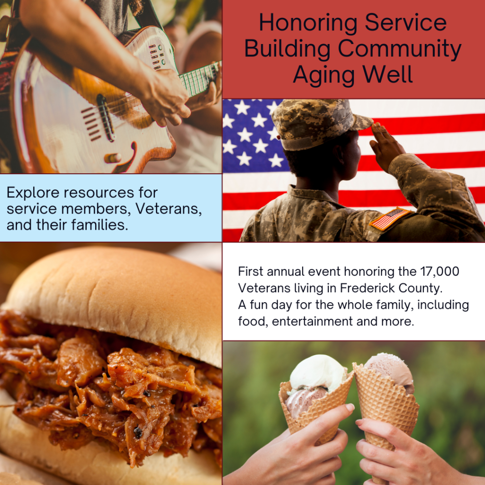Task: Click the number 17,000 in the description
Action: pyautogui.click(x=440, y=271)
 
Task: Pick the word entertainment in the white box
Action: pyautogui.click(x=313, y=322)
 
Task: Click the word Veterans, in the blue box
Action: pyautogui.click(x=169, y=209)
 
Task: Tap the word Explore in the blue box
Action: pyautogui.click(x=33, y=193)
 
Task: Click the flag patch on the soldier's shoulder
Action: pyautogui.click(x=389, y=218)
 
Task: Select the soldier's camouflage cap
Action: pyautogui.click(x=319, y=124)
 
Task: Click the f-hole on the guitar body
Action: pyautogui.click(x=125, y=158)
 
